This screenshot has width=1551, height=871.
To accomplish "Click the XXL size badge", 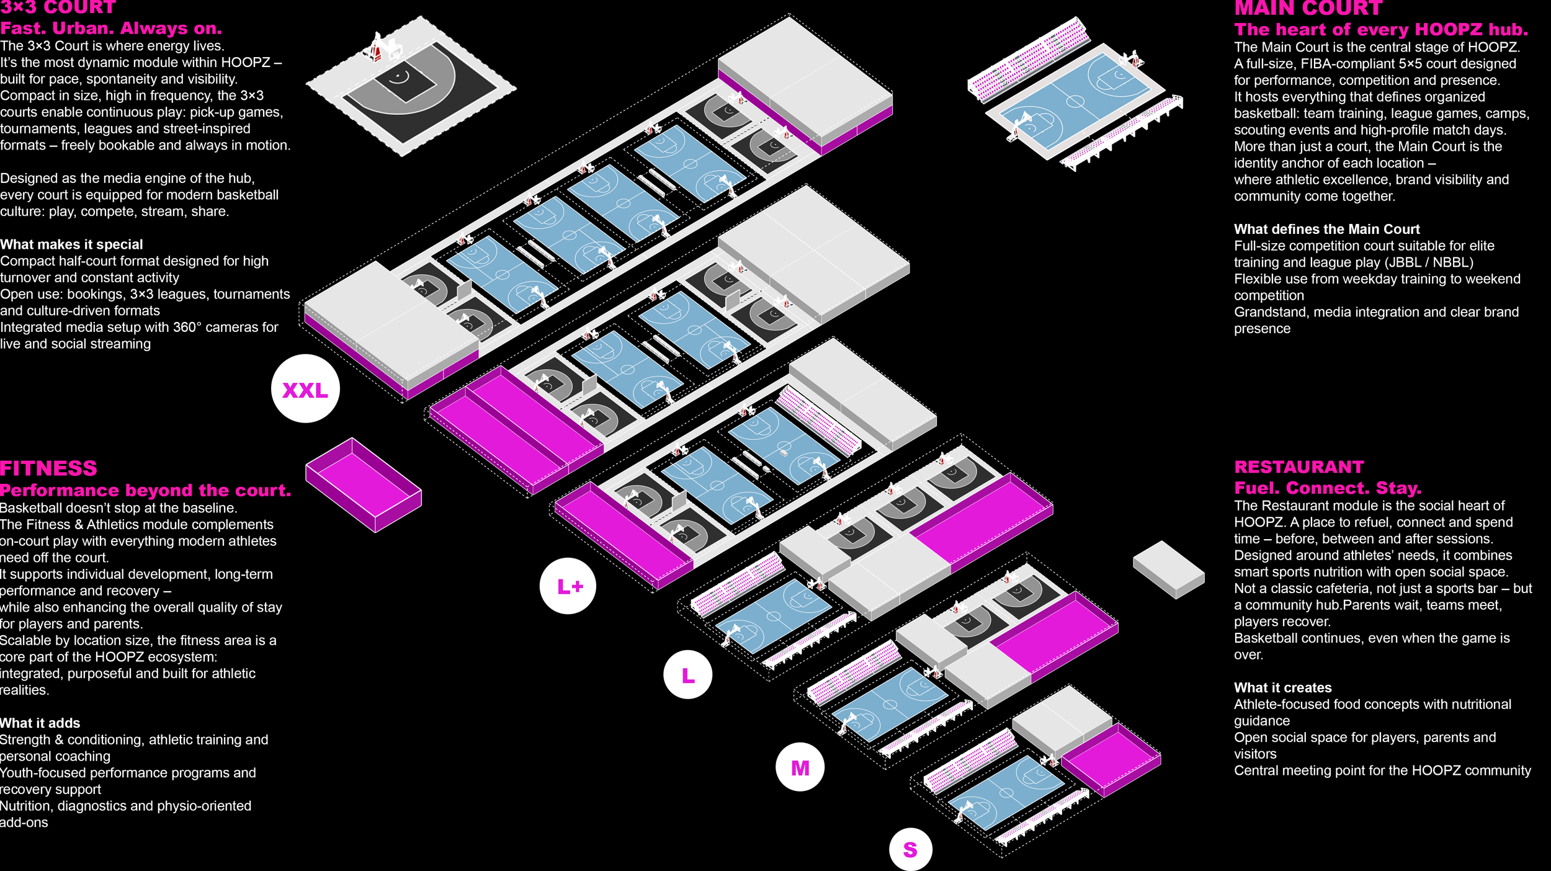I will [305, 389].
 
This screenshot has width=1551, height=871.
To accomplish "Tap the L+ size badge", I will [568, 586].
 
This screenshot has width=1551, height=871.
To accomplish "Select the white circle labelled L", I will [687, 675].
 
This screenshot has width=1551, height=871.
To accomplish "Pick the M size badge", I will [800, 767].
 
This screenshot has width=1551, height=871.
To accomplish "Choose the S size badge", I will [910, 849].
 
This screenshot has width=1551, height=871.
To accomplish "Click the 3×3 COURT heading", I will [58, 7].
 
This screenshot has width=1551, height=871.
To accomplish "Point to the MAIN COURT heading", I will [1308, 8].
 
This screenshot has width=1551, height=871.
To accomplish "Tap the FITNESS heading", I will [48, 468].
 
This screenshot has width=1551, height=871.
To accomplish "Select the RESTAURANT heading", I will [1299, 467].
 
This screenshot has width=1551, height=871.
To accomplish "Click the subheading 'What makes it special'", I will [71, 244].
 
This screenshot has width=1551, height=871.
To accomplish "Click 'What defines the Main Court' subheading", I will [1326, 229].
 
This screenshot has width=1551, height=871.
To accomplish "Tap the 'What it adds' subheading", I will [40, 723].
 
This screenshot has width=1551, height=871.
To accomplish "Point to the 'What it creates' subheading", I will [1282, 687].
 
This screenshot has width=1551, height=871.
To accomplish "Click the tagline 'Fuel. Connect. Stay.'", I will [1327, 488].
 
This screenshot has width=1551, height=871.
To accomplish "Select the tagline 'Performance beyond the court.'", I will [145, 490].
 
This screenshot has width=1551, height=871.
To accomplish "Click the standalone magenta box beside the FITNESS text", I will [363, 485].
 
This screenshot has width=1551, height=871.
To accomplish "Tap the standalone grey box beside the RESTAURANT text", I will [1168, 569].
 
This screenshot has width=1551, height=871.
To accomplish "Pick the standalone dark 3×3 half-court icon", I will [411, 86].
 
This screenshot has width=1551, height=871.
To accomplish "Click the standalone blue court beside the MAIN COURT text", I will [1075, 100].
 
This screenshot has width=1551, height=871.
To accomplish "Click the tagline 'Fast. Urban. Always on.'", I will [111, 29].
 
